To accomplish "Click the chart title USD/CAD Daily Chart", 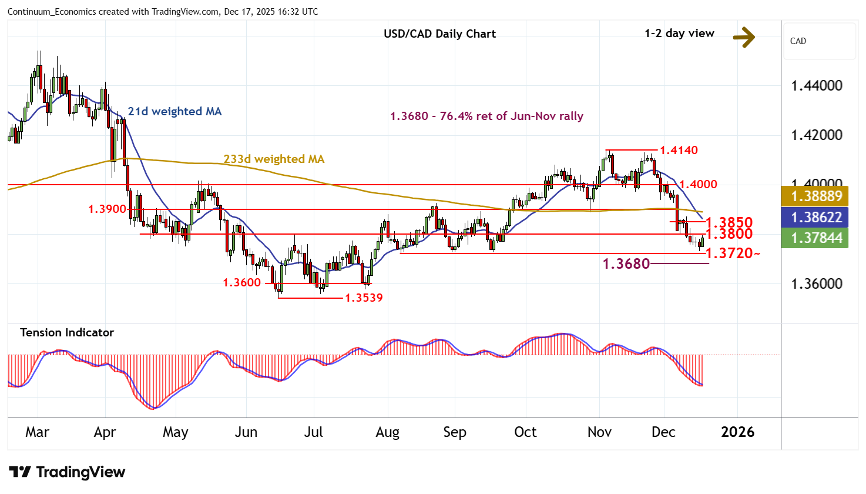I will (439, 34).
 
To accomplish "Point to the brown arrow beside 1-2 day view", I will (744, 38).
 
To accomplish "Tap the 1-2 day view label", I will (679, 34).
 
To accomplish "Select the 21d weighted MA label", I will (174, 112).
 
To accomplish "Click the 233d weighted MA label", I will (274, 159).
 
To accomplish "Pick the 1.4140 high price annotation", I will (679, 151).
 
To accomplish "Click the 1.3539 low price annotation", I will (364, 298).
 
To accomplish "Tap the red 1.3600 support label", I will (241, 283).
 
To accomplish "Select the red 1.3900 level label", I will (108, 209).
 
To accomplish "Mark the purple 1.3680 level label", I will (626, 264).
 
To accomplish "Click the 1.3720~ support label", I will (732, 253).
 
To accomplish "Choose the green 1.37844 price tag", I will (816, 238).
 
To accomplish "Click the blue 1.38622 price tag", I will (816, 217).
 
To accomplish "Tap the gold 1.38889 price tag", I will (816, 196).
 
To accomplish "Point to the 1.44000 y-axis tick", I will (817, 86).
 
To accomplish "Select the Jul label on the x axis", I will (313, 432).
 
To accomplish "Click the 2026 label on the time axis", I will (737, 432).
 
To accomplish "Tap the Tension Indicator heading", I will (67, 333).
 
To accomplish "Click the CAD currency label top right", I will (798, 41).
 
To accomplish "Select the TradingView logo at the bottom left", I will (67, 472).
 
